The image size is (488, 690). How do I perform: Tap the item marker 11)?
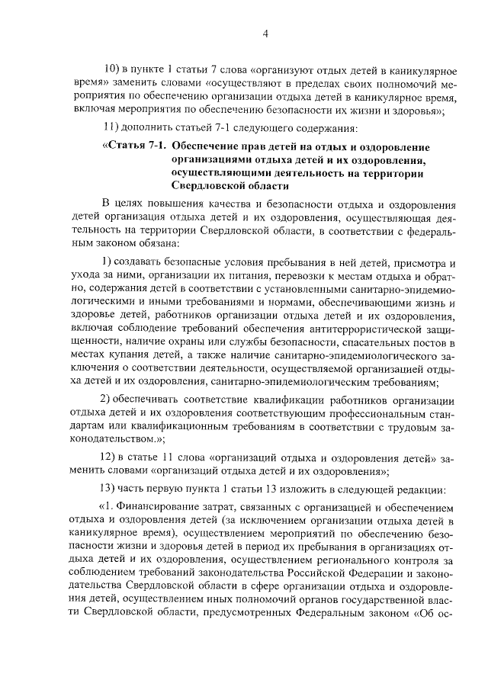pos(110,127)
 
